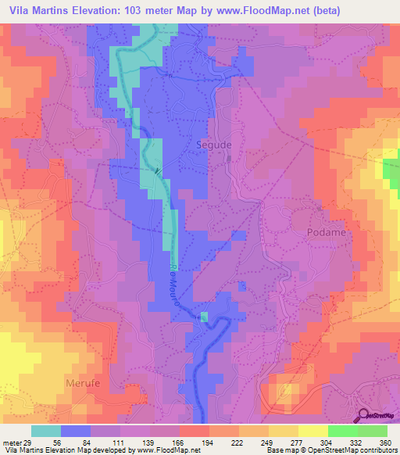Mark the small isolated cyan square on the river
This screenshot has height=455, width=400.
pyautogui.click(x=205, y=317)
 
